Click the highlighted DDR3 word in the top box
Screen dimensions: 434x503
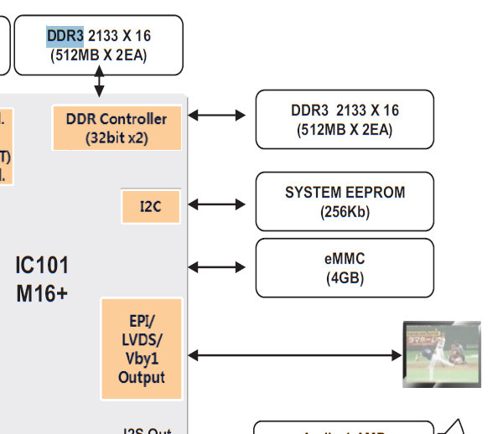pyautogui.click(x=65, y=36)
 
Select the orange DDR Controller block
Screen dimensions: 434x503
pyautogui.click(x=117, y=128)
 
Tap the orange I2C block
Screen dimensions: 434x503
pyautogui.click(x=151, y=205)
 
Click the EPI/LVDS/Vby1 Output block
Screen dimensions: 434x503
pyautogui.click(x=141, y=349)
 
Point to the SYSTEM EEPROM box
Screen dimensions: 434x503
pyautogui.click(x=345, y=201)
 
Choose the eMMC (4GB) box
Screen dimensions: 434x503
pyautogui.click(x=345, y=267)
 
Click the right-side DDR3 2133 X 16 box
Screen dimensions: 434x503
pyautogui.click(x=345, y=120)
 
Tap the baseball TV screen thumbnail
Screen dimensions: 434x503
pyautogui.click(x=442, y=354)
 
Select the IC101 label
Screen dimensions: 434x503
pyautogui.click(x=42, y=266)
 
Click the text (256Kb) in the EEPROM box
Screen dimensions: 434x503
pyautogui.click(x=345, y=212)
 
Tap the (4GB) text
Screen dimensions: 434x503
pyautogui.click(x=345, y=278)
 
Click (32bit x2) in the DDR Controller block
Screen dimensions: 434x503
pyautogui.click(x=117, y=138)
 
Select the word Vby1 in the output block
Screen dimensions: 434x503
pyautogui.click(x=141, y=359)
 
